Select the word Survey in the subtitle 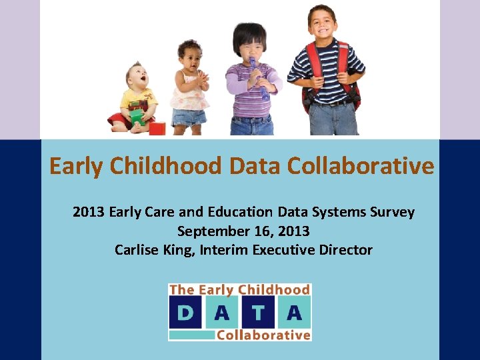392,212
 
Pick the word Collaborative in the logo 263,335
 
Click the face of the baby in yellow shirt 137,76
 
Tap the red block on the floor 157,128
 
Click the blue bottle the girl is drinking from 257,77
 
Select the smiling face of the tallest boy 322,24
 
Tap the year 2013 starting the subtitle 89,212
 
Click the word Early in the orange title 77,166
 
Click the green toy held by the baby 137,119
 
